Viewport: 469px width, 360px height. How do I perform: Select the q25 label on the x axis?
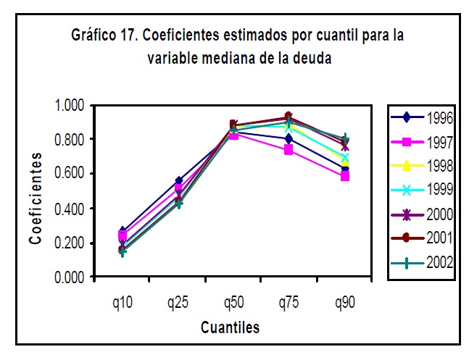[178, 301]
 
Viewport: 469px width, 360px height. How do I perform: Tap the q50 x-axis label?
[233, 301]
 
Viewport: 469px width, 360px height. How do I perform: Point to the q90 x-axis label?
[344, 301]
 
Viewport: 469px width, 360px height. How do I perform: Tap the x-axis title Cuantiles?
[230, 327]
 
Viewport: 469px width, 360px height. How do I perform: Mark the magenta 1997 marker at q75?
[289, 150]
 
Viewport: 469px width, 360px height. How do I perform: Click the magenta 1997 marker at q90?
[344, 176]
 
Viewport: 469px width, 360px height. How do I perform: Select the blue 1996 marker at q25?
[178, 180]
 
